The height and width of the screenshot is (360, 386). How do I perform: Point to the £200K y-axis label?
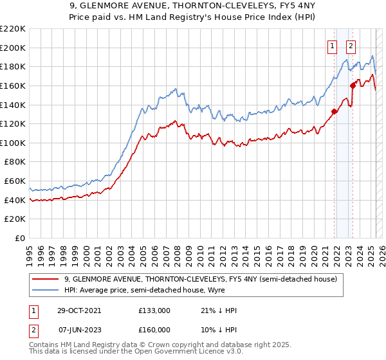[13, 48]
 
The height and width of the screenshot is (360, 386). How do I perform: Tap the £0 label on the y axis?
[20, 238]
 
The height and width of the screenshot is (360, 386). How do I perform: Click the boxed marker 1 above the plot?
[333, 46]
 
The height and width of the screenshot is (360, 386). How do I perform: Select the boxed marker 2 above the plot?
[351, 46]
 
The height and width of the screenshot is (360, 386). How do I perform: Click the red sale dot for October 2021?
[335, 111]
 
